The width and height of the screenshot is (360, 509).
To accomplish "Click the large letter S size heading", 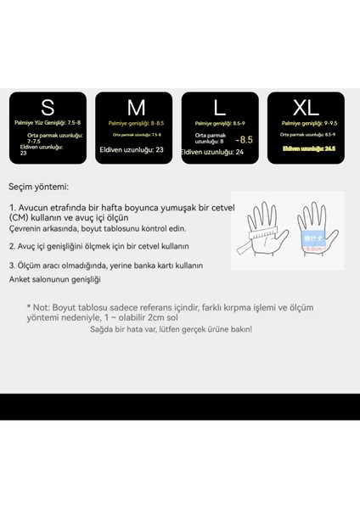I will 48,108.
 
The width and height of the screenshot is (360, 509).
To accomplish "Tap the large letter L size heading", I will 219,108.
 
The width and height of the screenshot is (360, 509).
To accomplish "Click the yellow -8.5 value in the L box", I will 245,139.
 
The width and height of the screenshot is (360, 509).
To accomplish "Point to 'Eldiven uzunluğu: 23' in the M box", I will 132,150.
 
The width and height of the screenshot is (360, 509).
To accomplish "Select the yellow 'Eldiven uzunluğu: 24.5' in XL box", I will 306,147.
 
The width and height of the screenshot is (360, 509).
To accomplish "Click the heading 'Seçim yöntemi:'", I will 39,187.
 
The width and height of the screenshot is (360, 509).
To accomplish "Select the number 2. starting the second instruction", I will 13,246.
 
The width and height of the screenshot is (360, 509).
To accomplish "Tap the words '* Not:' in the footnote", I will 38,305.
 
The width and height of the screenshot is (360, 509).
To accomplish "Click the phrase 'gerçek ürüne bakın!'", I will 216,329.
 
